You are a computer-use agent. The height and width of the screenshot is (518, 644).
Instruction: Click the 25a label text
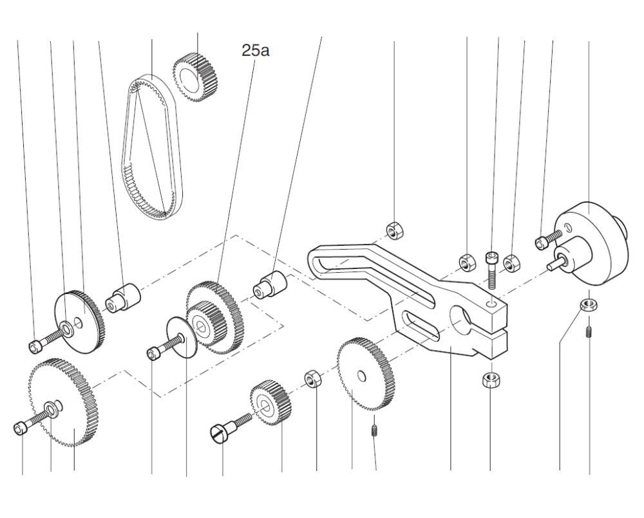[x=256, y=50]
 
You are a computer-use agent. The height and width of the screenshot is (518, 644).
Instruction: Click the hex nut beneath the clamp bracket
[x=491, y=378]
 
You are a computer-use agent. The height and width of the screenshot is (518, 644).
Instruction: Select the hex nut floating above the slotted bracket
[x=394, y=228]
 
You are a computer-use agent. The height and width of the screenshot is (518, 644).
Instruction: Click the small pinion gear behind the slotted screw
[x=270, y=404]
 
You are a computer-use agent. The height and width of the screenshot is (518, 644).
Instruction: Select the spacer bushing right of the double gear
[x=269, y=284]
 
